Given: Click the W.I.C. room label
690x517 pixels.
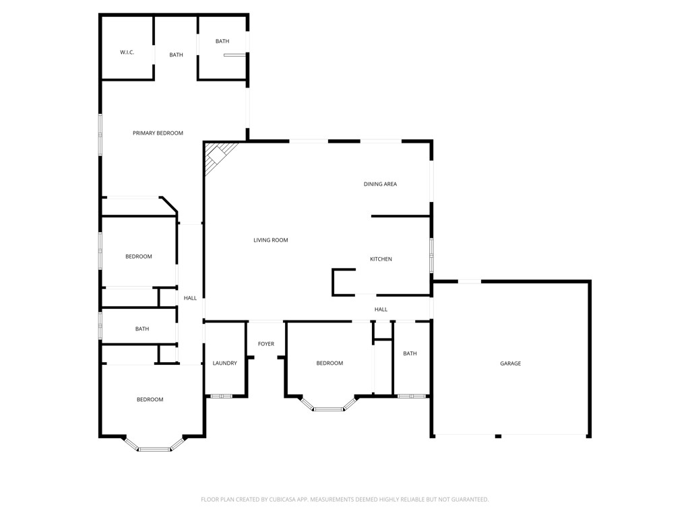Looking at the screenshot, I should (x=127, y=53).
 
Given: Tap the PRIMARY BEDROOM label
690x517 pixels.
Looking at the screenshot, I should (x=158, y=133).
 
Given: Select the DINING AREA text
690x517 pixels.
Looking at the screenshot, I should (x=380, y=184).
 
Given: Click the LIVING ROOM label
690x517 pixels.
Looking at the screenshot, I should (x=271, y=240).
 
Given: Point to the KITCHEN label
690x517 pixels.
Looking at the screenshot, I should (x=381, y=259).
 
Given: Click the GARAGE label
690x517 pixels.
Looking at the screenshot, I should (x=510, y=364).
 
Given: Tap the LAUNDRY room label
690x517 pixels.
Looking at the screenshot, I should (x=224, y=364).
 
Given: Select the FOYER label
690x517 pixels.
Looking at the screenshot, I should (x=266, y=344).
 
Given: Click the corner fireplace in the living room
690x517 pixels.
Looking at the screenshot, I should (x=218, y=156).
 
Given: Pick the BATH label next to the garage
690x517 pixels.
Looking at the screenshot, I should (x=410, y=353).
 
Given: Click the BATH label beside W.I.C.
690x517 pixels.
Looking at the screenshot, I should (x=176, y=55).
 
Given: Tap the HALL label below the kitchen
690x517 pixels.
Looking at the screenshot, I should (x=381, y=310).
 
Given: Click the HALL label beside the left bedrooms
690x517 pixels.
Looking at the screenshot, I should (x=191, y=298).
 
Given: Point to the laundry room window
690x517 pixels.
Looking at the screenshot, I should (x=221, y=396).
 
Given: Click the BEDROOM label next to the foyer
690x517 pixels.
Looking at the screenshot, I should (x=330, y=364).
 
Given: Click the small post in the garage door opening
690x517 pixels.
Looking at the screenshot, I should (x=498, y=436).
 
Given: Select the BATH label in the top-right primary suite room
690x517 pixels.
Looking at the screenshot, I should (x=222, y=42).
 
